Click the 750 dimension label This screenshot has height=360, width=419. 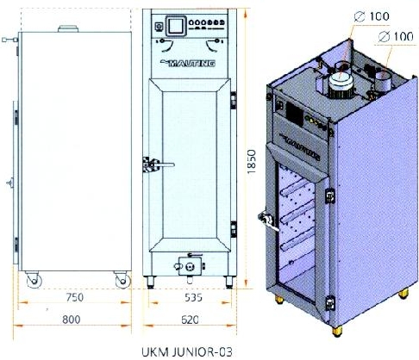75,297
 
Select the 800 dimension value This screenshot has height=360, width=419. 72,320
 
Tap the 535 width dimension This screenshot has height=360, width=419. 193,297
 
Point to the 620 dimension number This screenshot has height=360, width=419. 190,320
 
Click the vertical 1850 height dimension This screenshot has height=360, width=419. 251,161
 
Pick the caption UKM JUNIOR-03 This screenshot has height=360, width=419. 187,352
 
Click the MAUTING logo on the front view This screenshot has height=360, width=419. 189,63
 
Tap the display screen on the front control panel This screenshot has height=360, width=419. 176,26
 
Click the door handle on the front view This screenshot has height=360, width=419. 159,165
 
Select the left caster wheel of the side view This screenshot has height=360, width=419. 34,280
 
